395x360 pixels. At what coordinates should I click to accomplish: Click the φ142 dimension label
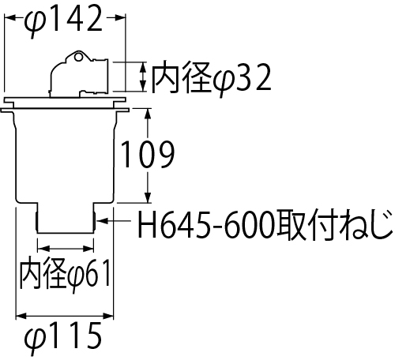(x=63, y=20)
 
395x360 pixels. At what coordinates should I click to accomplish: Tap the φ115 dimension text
(x=63, y=337)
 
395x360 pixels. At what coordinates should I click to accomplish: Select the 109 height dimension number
(x=148, y=154)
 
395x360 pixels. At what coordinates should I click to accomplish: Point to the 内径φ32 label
(x=212, y=78)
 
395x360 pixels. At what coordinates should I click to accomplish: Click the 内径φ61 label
(x=66, y=275)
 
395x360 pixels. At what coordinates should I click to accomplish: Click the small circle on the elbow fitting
(x=77, y=57)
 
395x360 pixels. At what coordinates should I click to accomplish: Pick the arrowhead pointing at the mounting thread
(x=102, y=220)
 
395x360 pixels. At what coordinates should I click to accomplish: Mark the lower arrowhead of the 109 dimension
(x=148, y=197)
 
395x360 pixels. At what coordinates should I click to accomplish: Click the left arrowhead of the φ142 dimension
(x=9, y=17)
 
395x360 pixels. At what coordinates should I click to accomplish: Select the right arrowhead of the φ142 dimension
(x=119, y=17)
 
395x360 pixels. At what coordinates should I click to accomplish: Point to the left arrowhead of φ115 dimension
(x=21, y=316)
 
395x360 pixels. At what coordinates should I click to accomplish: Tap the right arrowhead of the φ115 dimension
(x=107, y=316)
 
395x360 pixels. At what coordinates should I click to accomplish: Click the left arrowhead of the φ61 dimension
(x=43, y=249)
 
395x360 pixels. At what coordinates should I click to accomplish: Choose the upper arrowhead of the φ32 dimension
(x=143, y=67)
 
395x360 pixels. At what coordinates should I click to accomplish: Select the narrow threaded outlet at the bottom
(x=66, y=218)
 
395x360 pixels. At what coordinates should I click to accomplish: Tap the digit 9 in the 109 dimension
(x=166, y=154)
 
